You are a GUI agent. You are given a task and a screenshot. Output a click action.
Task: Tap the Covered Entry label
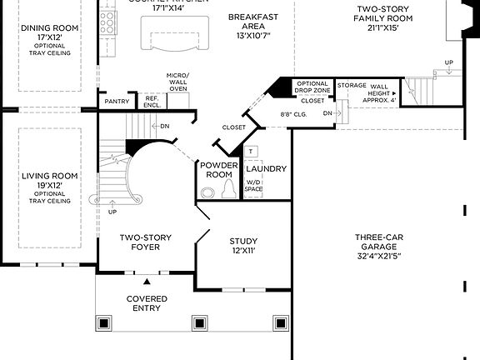[147, 303]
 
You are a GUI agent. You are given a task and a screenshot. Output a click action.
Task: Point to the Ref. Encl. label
[152, 101]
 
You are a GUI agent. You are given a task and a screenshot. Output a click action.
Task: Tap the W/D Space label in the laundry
[253, 184]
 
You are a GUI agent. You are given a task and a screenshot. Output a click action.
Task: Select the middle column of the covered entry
[199, 322]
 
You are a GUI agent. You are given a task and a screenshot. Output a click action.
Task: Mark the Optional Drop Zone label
[312, 87]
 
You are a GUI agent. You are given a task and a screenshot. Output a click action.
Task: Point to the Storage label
[352, 85]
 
